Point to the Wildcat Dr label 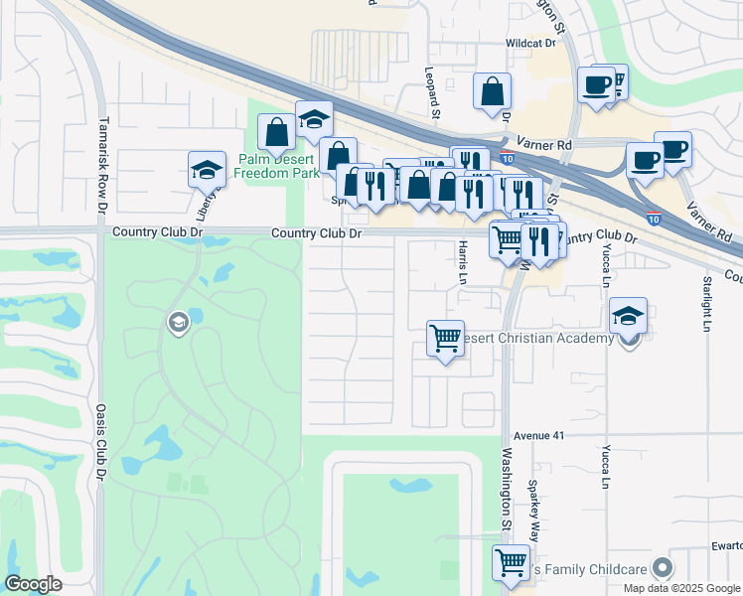click(x=530, y=44)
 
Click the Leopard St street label click(x=432, y=92)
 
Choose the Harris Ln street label click(x=462, y=262)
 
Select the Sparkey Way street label click(x=533, y=508)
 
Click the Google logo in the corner click(x=34, y=584)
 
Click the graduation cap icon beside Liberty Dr click(x=207, y=170)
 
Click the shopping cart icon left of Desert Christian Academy click(x=445, y=338)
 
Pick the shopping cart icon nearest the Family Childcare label click(x=511, y=561)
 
